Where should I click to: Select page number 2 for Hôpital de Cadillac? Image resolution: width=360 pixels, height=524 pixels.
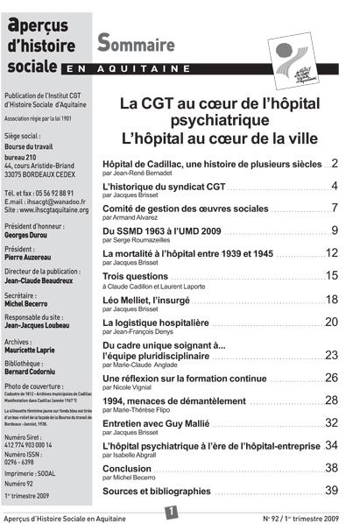click(x=334, y=163)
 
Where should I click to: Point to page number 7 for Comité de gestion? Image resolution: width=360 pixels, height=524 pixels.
click(x=334, y=209)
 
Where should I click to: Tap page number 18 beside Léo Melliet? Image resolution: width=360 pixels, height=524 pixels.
click(x=331, y=299)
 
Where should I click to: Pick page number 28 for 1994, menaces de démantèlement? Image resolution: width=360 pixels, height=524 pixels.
click(x=331, y=400)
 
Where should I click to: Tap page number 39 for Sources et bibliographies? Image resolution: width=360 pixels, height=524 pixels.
click(x=331, y=490)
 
